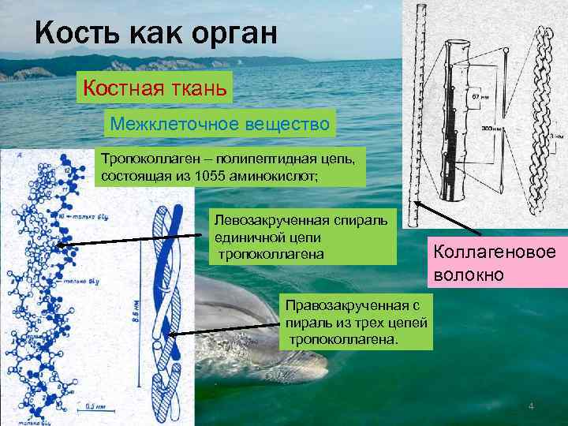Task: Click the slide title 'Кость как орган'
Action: tap(156, 33)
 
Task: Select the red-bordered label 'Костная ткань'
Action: tap(154, 88)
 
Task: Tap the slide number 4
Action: tap(531, 406)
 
